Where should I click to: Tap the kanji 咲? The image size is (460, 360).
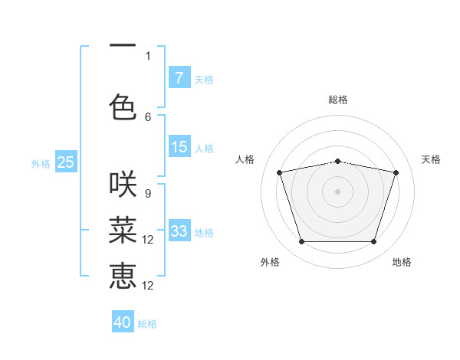(123, 185)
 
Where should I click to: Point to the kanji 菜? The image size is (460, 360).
(123, 230)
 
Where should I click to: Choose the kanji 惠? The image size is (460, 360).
(123, 276)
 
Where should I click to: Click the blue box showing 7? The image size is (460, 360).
(179, 78)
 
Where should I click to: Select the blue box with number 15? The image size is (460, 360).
(179, 147)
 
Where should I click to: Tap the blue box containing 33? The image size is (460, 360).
(179, 231)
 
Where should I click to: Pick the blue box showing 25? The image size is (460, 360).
(65, 162)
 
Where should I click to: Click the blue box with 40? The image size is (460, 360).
(123, 322)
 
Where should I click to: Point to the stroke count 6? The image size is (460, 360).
(148, 116)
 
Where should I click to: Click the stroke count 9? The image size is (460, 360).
(148, 193)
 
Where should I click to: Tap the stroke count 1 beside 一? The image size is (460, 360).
(148, 55)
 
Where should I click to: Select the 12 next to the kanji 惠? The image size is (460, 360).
(149, 286)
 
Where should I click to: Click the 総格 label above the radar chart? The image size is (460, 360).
(338, 100)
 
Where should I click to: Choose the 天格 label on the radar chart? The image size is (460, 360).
(431, 159)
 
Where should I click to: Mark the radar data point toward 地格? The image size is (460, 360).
(373, 242)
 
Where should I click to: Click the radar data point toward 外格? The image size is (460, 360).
(301, 242)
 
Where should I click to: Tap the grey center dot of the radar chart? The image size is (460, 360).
(337, 191)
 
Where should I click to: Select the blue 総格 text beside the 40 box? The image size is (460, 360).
(148, 324)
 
